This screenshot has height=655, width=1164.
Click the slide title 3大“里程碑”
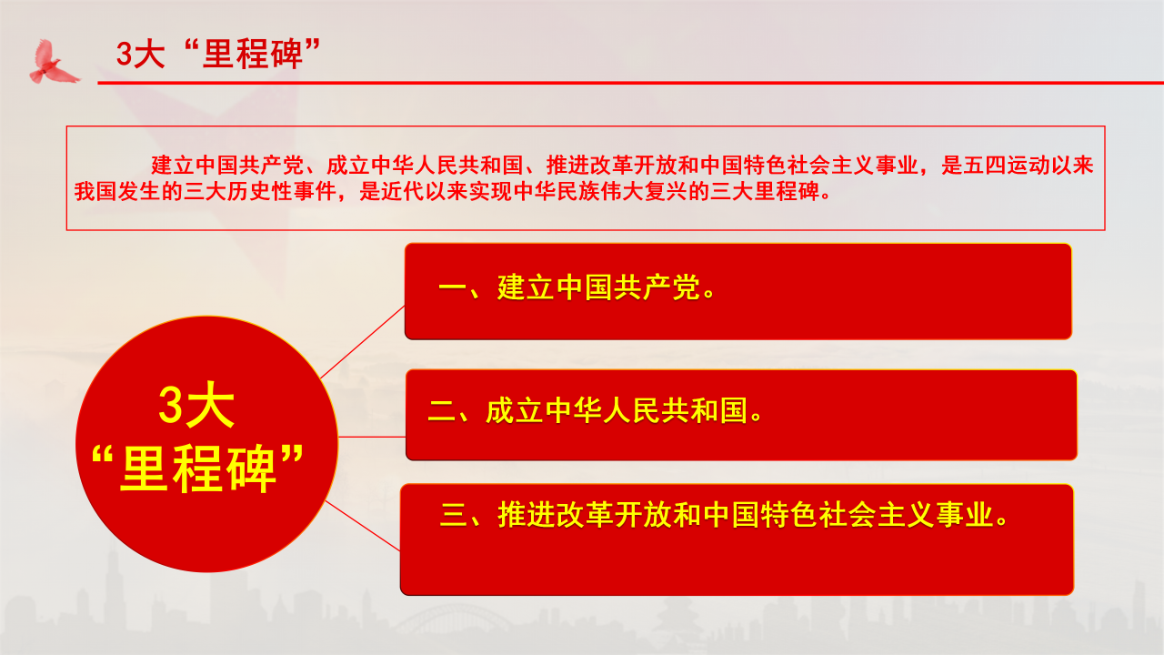pyautogui.click(x=221, y=54)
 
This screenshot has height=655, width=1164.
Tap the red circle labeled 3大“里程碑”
pyautogui.click(x=206, y=444)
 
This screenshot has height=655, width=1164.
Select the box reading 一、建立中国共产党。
pyautogui.click(x=738, y=291)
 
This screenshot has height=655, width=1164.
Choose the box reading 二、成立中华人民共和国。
pyautogui.click(x=741, y=415)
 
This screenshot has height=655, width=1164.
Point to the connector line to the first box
pyautogui.click(x=362, y=341)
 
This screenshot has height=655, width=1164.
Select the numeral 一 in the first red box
pyautogui.click(x=452, y=290)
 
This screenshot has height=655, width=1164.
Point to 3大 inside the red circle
pyautogui.click(x=196, y=406)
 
